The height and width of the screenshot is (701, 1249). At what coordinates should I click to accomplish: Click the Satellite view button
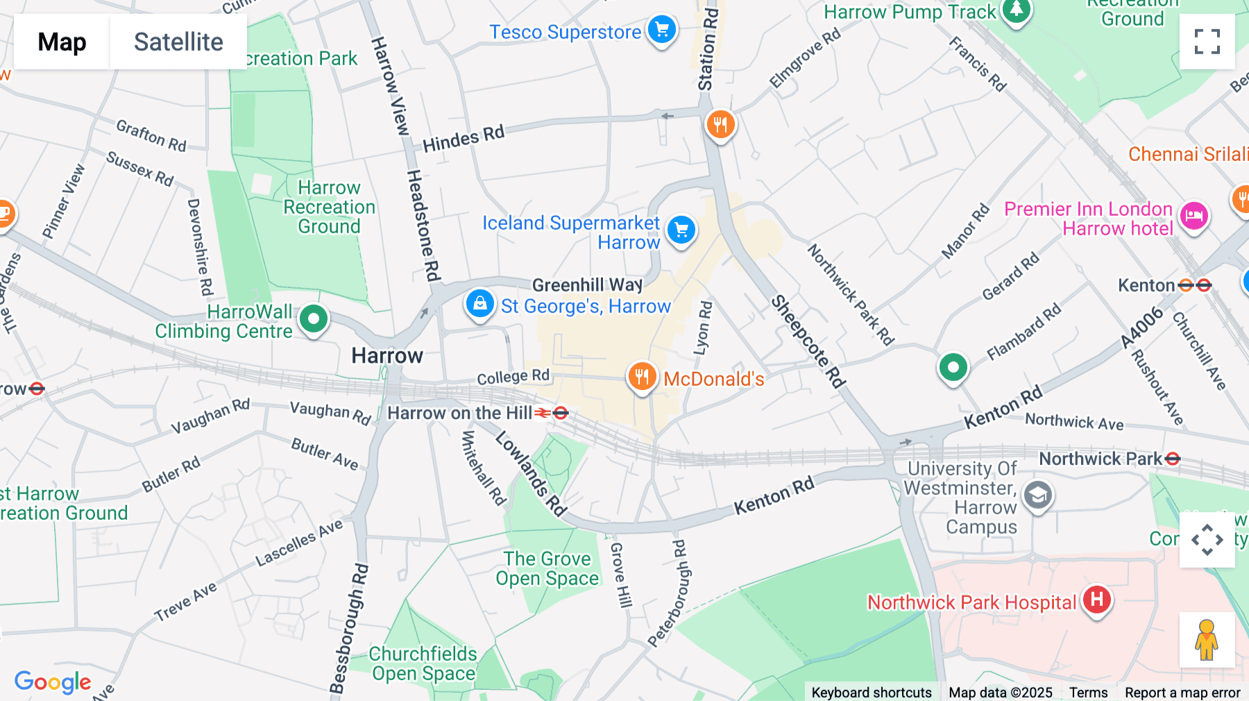(x=178, y=42)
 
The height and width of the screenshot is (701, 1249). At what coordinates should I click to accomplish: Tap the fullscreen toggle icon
(x=1207, y=42)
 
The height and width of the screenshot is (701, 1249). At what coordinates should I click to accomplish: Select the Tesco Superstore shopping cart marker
(x=661, y=31)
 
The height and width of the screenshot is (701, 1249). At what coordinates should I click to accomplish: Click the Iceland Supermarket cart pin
(x=681, y=230)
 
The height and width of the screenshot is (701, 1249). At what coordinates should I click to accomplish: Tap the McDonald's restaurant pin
(x=642, y=377)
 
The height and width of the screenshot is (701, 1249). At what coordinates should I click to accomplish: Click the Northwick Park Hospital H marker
(x=1096, y=600)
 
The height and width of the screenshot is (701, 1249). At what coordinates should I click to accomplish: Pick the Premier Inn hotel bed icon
(x=1193, y=216)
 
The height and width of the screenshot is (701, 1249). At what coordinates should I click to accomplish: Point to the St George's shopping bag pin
(x=479, y=304)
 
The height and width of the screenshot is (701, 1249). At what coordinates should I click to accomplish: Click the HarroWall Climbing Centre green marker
(x=313, y=320)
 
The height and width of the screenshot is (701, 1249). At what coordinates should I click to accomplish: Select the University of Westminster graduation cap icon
(x=1038, y=496)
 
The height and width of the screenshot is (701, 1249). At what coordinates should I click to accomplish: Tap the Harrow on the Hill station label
(x=459, y=414)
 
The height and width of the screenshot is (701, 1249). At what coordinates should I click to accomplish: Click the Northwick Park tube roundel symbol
(x=1172, y=459)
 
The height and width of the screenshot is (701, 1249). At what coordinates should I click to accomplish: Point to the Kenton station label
(x=1146, y=285)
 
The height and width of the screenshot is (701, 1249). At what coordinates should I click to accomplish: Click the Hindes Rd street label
(x=464, y=139)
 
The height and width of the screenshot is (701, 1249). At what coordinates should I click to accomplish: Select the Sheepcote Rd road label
(x=808, y=341)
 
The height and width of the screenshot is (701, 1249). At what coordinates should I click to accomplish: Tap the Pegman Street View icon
(x=1206, y=639)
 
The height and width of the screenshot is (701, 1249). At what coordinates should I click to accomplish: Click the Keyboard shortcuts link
(x=871, y=693)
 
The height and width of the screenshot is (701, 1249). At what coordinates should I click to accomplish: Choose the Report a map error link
(x=1182, y=693)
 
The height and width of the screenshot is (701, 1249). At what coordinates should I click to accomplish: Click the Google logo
(x=53, y=682)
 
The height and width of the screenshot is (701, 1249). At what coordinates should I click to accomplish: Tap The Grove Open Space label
(x=547, y=568)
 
